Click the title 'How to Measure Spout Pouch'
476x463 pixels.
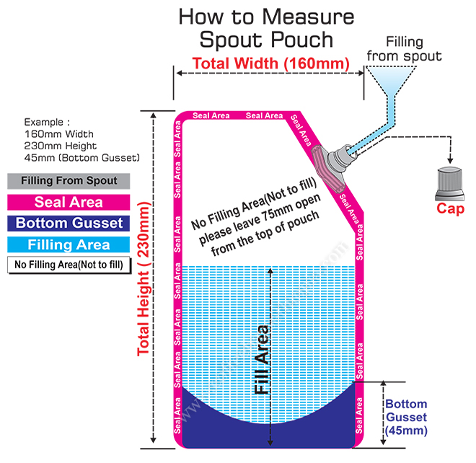coord(266,27)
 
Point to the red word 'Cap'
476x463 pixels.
coord(451,209)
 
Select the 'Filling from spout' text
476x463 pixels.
coord(414,48)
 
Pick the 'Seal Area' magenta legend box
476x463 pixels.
coord(69,203)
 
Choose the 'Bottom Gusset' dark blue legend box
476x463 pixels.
coord(69,223)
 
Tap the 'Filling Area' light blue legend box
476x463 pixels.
coord(69,244)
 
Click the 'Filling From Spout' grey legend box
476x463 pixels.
coord(69,181)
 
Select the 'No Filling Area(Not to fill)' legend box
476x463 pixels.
coord(69,264)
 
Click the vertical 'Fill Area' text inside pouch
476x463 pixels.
coord(264,361)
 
